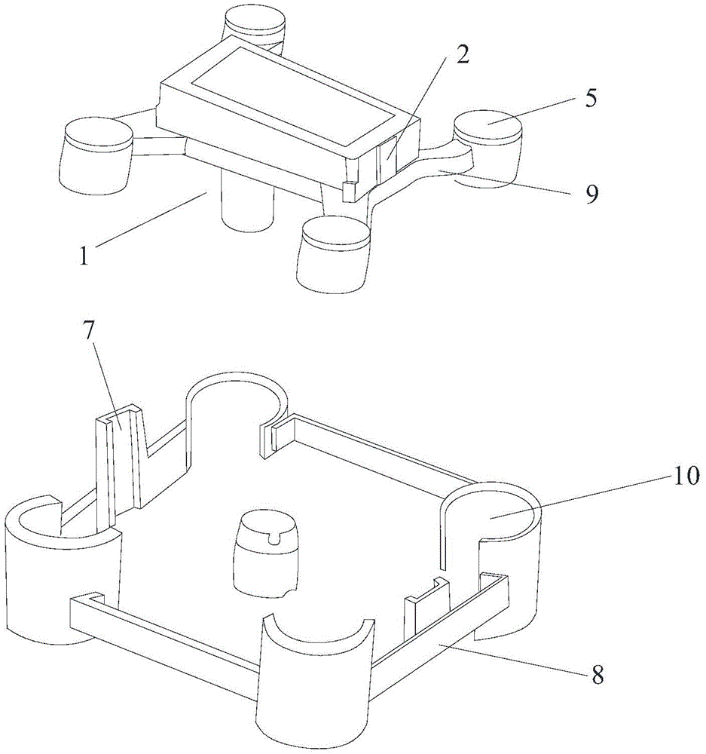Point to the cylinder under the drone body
coord(246,203)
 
